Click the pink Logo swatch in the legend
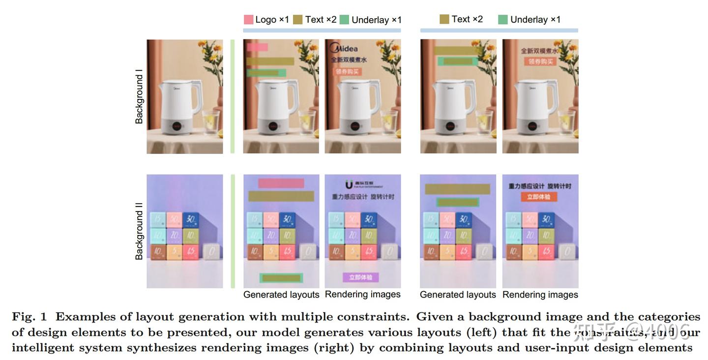pyautogui.click(x=248, y=20)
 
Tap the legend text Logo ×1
pyautogui.click(x=272, y=20)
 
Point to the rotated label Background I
pyautogui.click(x=139, y=96)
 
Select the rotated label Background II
pyautogui.click(x=139, y=231)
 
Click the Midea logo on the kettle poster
pyautogui.click(x=344, y=48)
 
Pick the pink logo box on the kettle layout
pyautogui.click(x=258, y=47)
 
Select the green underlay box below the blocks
pyautogui.click(x=281, y=278)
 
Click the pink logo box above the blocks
pyautogui.click(x=281, y=183)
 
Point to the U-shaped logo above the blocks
pyautogui.click(x=349, y=185)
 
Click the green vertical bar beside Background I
pyautogui.click(x=233, y=96)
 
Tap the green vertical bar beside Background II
pyautogui.click(x=233, y=231)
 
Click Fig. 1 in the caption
pyautogui.click(x=29, y=317)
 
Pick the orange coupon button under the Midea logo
pyautogui.click(x=348, y=72)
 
